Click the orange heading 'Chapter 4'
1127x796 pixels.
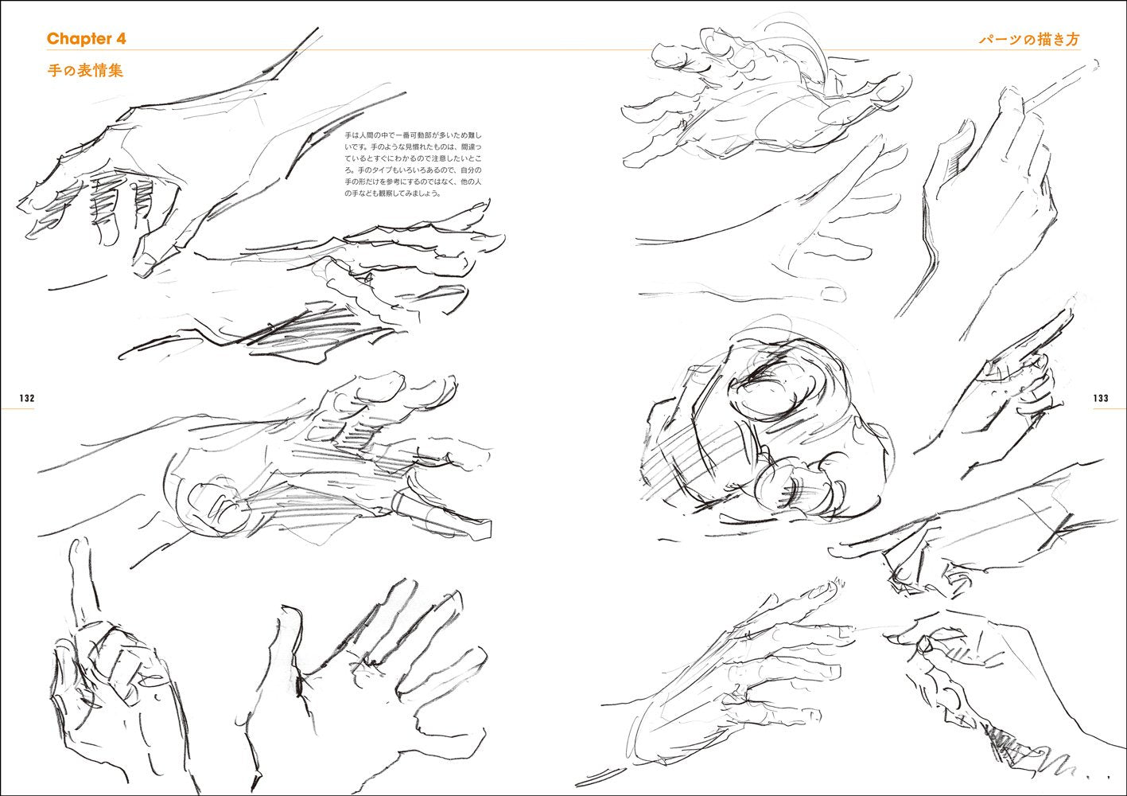(x=86, y=39)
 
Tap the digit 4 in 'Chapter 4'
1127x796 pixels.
(x=120, y=39)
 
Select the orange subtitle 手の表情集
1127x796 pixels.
(x=85, y=70)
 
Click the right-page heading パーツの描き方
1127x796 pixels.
(x=1029, y=39)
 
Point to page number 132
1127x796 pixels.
(x=27, y=398)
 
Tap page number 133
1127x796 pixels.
(x=1101, y=398)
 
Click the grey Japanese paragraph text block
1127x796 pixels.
(x=413, y=164)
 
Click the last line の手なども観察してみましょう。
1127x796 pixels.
(x=392, y=193)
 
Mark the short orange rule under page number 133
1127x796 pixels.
(x=1110, y=408)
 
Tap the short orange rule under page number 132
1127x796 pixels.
(x=17, y=408)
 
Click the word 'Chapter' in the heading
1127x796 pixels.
(x=78, y=39)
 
